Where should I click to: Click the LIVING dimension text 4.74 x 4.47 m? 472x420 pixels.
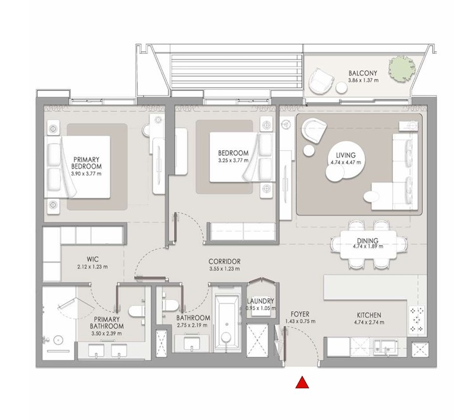(346, 162)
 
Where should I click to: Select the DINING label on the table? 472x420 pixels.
(367, 241)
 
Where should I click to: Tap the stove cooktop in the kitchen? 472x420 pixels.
(418, 321)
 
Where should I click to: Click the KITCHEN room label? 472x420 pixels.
(368, 314)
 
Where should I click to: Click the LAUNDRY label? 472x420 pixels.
(260, 302)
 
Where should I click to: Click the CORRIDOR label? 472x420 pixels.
(224, 261)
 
